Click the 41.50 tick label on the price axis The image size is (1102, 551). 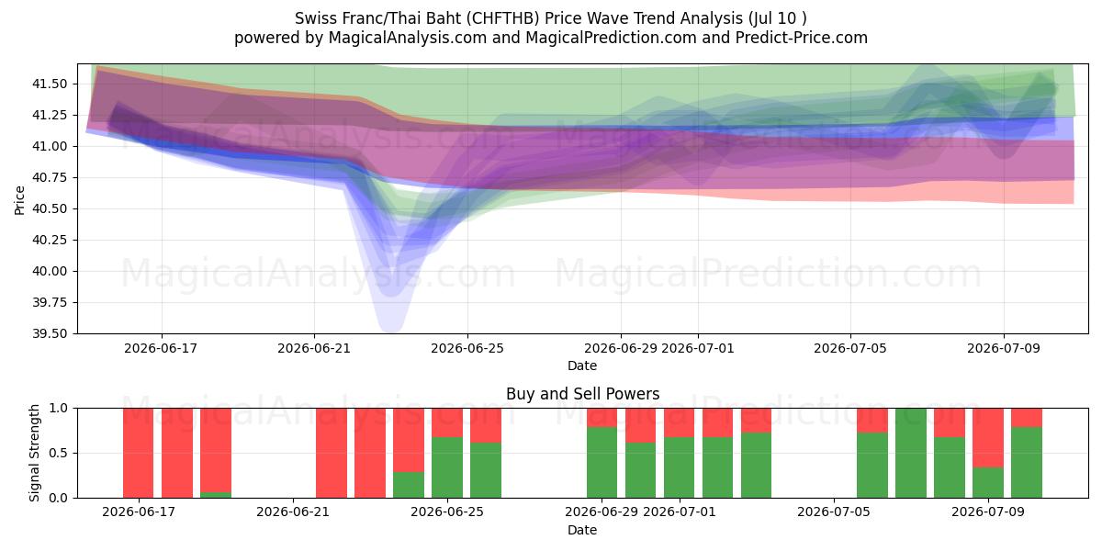[50, 84]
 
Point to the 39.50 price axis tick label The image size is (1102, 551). [50, 334]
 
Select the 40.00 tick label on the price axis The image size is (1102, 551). [50, 272]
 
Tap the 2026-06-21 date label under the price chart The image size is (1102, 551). [314, 349]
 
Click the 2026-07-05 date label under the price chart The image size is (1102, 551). [850, 349]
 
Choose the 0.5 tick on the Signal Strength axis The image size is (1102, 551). [58, 453]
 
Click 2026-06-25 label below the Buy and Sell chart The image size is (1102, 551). [447, 512]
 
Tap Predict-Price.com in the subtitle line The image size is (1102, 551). [802, 38]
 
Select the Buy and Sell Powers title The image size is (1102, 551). [582, 394]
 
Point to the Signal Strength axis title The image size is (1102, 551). [34, 453]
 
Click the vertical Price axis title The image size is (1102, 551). [19, 201]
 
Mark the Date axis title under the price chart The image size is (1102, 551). [582, 366]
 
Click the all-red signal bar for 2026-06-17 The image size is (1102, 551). [139, 453]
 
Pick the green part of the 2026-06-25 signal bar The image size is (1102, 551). [447, 467]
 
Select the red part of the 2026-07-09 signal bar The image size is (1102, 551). [988, 438]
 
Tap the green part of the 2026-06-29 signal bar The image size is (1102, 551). [602, 463]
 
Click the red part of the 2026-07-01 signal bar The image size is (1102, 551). [679, 422]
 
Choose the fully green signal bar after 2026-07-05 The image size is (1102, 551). [911, 453]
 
